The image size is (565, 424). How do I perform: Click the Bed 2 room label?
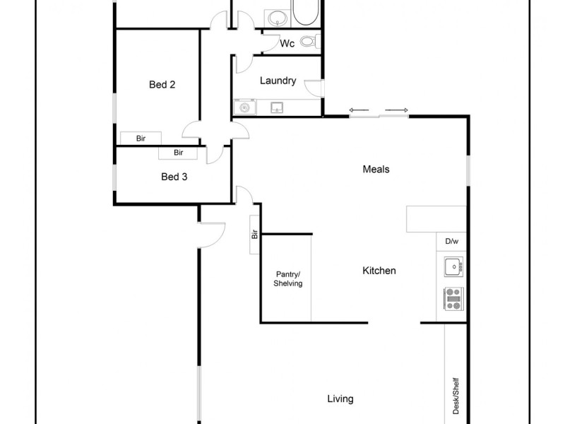click(162, 85)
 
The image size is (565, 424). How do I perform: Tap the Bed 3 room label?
click(174, 177)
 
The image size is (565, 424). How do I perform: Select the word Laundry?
click(278, 81)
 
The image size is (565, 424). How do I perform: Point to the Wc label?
click(287, 44)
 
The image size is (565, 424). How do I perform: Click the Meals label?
click(376, 170)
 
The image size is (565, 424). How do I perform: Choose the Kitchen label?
click(379, 271)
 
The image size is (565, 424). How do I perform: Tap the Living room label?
click(340, 399)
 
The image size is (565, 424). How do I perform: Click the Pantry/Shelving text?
click(288, 279)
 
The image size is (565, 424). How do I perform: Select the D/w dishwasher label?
click(452, 242)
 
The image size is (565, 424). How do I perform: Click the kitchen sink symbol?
click(452, 267)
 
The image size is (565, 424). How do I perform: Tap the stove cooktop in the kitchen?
click(453, 299)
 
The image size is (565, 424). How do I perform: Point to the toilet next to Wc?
click(307, 42)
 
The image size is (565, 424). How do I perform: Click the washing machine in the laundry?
click(244, 107)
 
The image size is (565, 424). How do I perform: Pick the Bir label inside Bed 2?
click(141, 138)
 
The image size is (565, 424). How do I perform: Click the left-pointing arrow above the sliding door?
click(359, 110)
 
